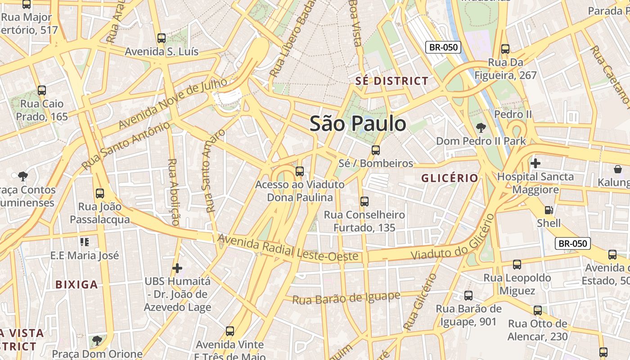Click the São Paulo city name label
click(x=358, y=123)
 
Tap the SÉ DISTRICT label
click(x=391, y=81)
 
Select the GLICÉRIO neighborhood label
click(x=450, y=178)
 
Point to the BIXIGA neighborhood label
click(x=76, y=284)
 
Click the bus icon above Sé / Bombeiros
click(x=376, y=150)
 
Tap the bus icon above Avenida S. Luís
click(x=162, y=38)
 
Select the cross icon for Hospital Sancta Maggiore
click(x=535, y=163)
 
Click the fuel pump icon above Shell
click(x=549, y=210)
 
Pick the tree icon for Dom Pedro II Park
click(x=481, y=128)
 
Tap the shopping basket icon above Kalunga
click(x=617, y=169)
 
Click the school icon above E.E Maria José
click(x=84, y=242)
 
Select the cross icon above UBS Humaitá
click(x=177, y=268)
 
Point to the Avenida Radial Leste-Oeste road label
click(x=288, y=248)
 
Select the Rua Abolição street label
click(x=172, y=192)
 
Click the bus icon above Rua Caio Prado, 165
click(x=42, y=90)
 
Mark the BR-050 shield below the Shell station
click(x=572, y=243)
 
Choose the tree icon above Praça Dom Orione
click(x=97, y=341)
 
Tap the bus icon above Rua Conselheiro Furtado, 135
click(x=364, y=202)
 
